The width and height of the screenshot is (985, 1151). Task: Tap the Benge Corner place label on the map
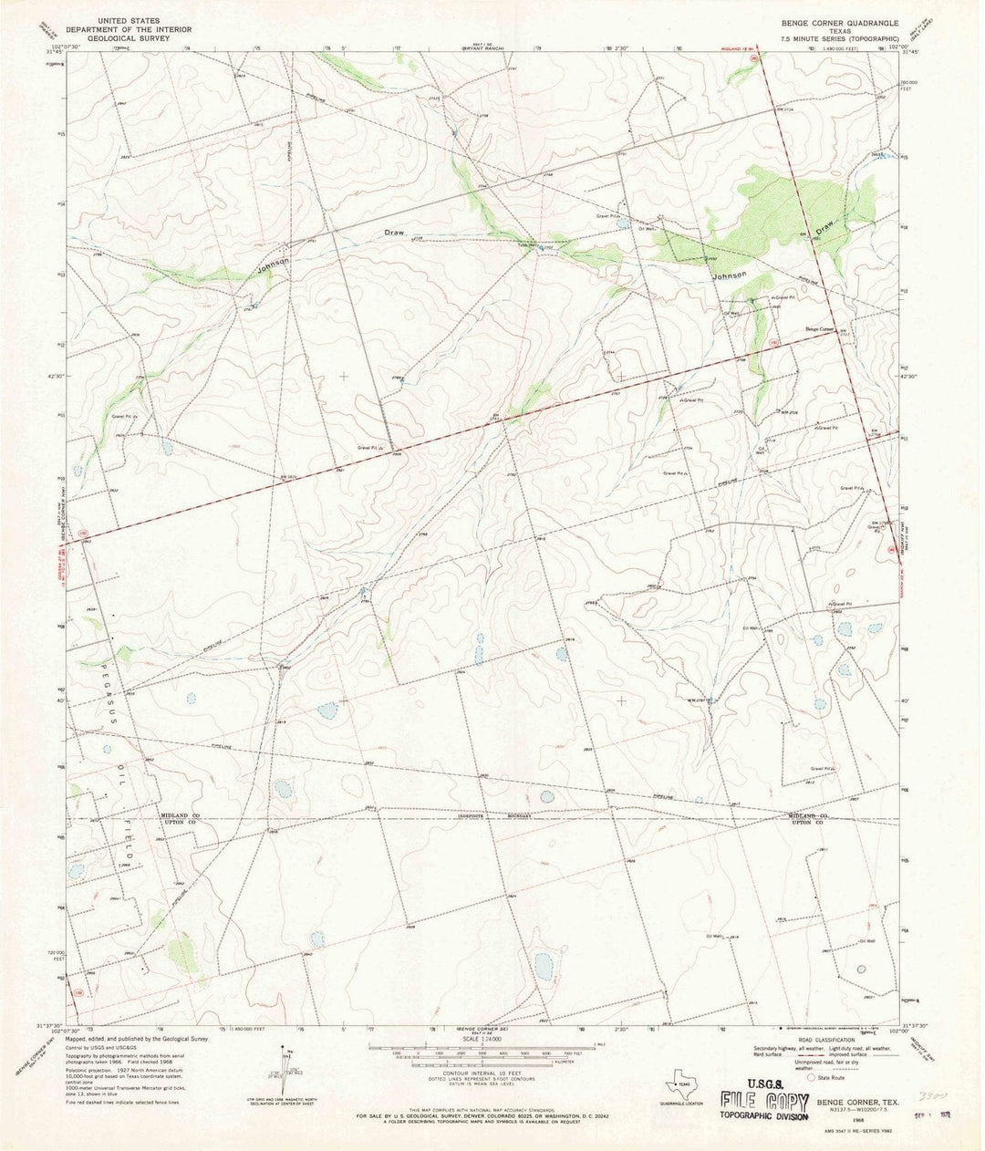[x=820, y=329]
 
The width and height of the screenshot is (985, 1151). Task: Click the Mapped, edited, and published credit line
[x=137, y=1039]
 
